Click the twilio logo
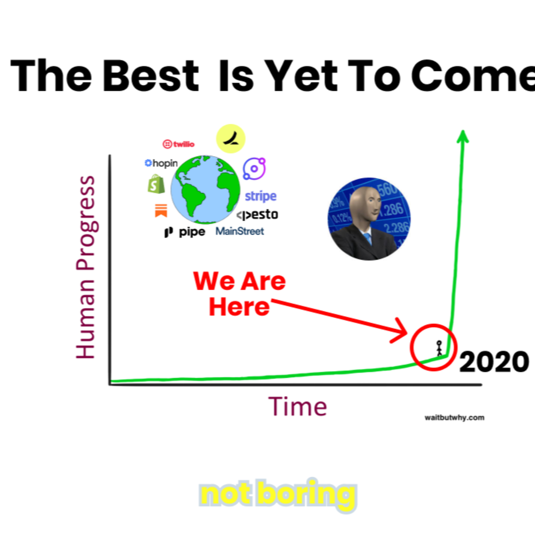178,144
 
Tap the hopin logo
161,163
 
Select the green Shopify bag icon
156,184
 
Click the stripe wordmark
261,196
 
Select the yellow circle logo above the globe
231,138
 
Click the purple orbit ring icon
254,168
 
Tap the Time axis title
297,407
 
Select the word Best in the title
151,75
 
